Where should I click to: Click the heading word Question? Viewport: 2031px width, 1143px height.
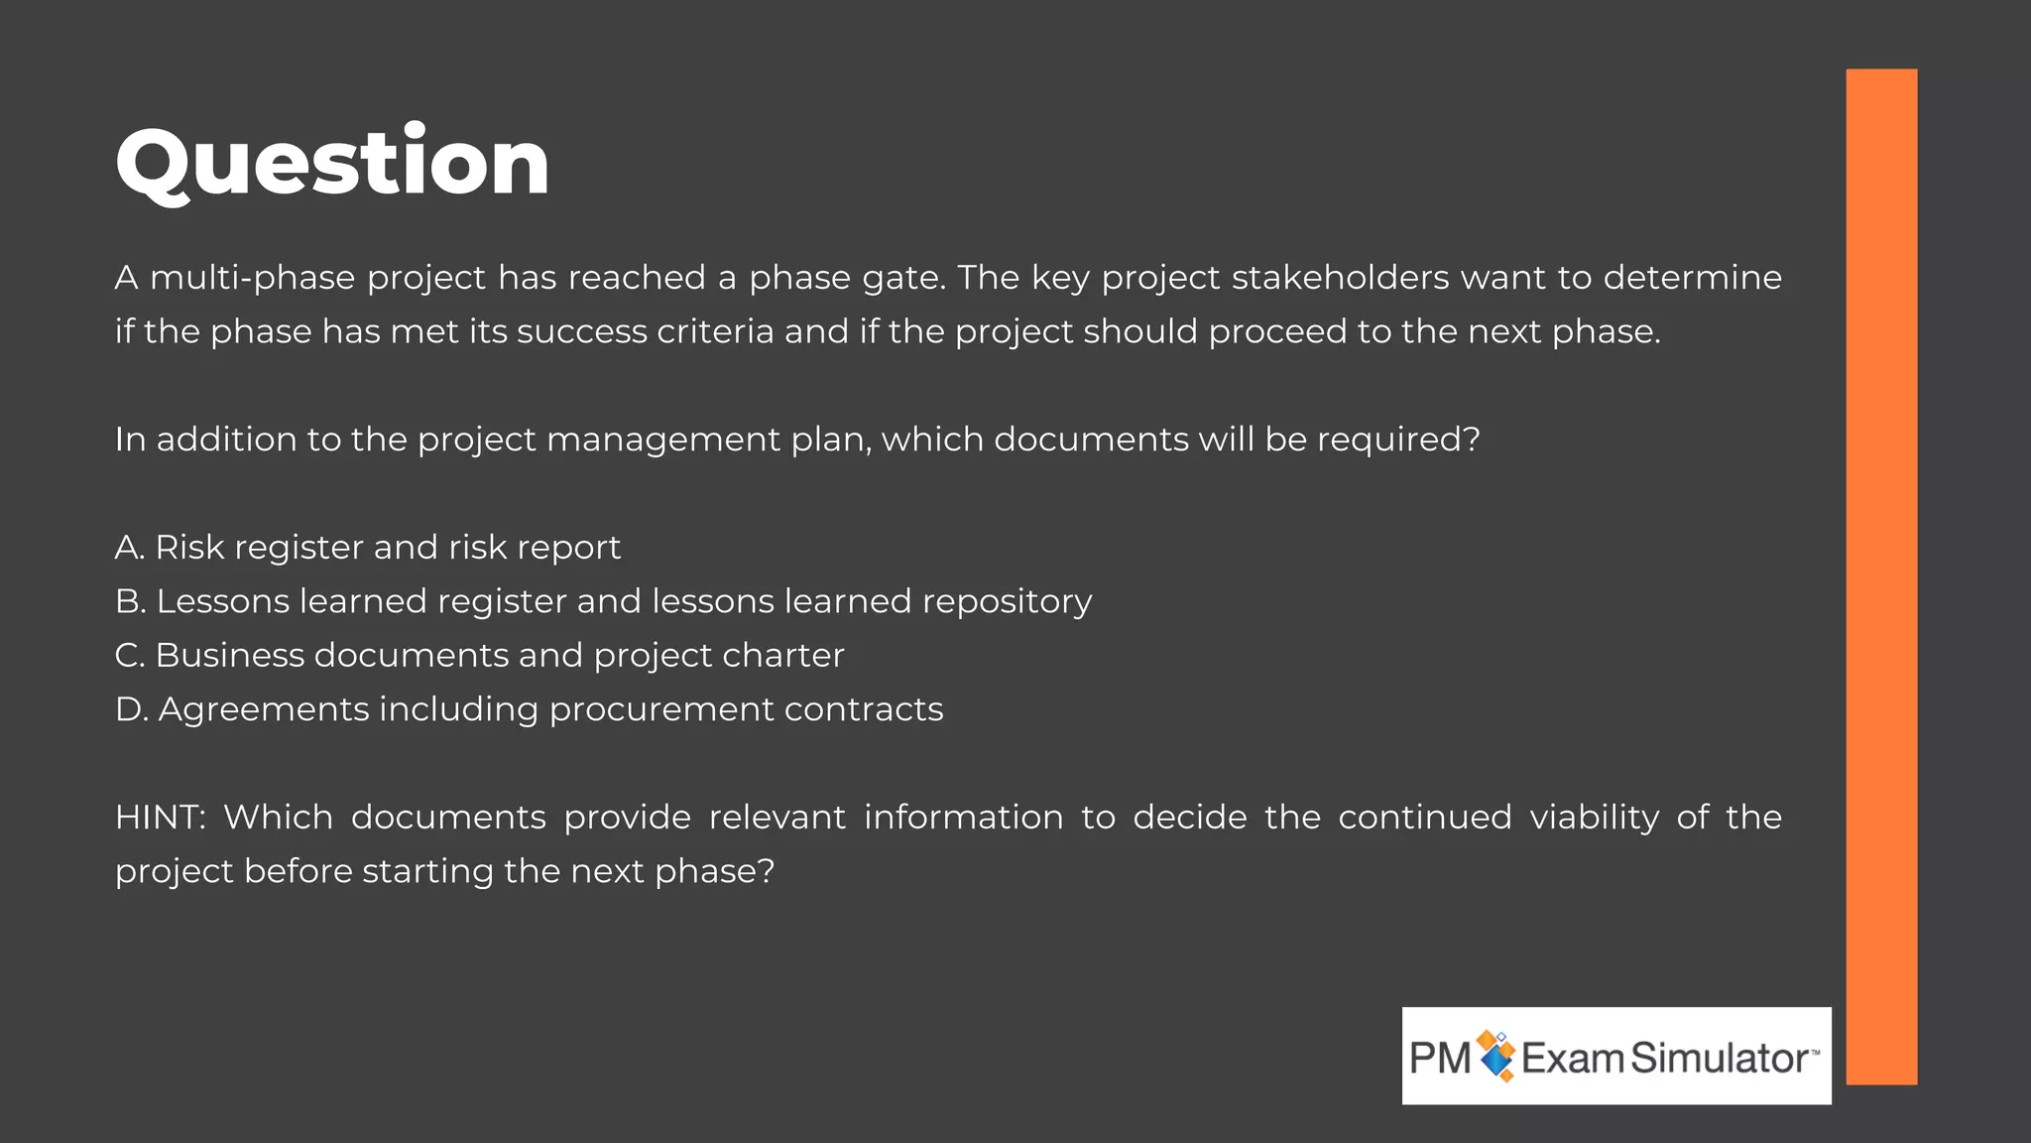(332, 163)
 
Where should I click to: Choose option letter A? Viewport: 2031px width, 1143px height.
(129, 548)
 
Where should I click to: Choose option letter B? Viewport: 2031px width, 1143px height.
(130, 601)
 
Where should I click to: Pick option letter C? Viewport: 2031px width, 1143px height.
(130, 656)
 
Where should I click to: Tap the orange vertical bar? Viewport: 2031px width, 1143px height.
(1881, 575)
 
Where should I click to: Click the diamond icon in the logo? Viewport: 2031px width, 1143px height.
(1496, 1056)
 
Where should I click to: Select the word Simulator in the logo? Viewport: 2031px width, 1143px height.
(1719, 1059)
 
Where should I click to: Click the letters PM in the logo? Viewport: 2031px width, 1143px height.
(1440, 1059)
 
